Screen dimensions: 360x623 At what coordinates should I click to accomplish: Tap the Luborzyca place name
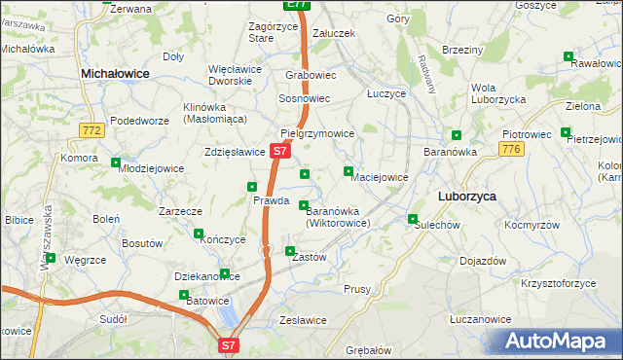(x=466, y=196)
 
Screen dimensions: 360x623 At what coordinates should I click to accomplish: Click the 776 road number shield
(x=512, y=148)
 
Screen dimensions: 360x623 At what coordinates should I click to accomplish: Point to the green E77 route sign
(x=298, y=5)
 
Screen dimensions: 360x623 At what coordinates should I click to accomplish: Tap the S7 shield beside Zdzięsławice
(x=279, y=152)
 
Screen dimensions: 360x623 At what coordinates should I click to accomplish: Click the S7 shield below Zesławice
(x=228, y=344)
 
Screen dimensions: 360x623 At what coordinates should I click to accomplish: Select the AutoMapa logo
(x=558, y=342)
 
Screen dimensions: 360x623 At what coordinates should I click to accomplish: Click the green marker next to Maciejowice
(x=348, y=172)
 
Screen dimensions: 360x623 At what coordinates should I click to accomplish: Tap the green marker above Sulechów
(x=413, y=219)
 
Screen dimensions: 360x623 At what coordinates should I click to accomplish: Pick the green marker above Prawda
(x=252, y=187)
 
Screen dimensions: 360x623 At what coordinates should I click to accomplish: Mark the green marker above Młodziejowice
(x=117, y=162)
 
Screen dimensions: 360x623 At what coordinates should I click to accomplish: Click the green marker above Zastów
(x=289, y=251)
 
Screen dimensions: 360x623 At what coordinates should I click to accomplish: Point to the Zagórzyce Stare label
(x=248, y=31)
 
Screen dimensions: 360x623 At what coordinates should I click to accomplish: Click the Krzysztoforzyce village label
(x=558, y=283)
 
